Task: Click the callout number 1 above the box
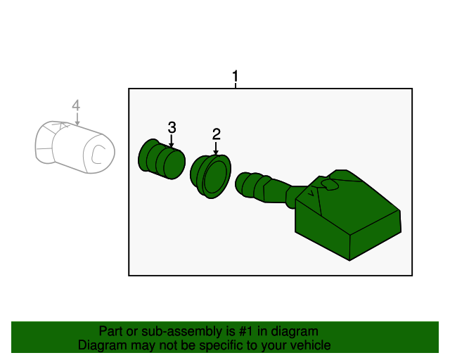coord(236,75)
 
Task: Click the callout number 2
coord(216,133)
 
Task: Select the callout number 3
coord(172,127)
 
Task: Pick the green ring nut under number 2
coord(211,175)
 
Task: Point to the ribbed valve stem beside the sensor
coord(264,188)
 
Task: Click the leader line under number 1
coord(236,85)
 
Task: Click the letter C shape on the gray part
coord(100,153)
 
